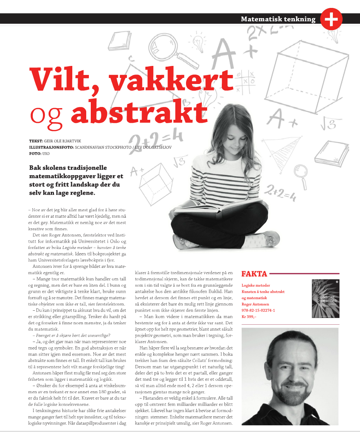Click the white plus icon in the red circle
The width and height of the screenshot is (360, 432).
[331, 19]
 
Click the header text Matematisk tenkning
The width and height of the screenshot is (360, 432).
[278, 19]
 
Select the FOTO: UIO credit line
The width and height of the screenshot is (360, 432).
[39, 153]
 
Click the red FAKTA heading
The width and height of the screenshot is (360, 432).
[254, 274]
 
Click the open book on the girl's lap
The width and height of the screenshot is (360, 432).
[213, 209]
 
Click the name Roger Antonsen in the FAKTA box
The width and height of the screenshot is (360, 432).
[255, 304]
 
